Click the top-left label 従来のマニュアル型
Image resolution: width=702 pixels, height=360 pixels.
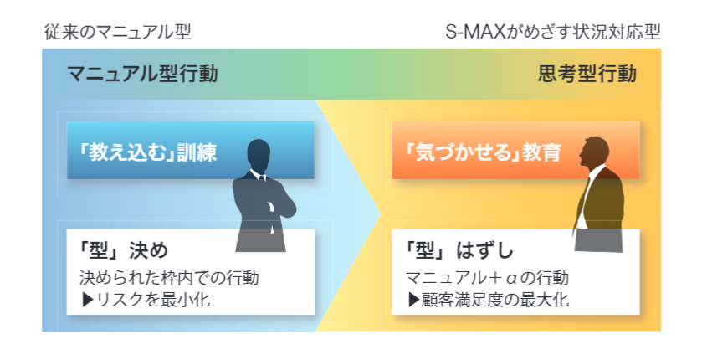[118, 33]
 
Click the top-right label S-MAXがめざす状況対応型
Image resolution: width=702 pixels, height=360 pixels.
[553, 33]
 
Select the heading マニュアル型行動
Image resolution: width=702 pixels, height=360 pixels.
[142, 74]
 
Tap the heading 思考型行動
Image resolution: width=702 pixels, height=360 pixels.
[587, 74]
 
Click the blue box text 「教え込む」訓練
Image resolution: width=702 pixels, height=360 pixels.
[147, 152]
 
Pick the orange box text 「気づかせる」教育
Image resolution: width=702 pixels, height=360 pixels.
[483, 152]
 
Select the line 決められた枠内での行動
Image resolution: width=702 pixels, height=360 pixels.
[169, 278]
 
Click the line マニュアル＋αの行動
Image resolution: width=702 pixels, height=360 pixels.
[487, 278]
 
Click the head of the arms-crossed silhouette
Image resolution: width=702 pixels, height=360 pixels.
[259, 155]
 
